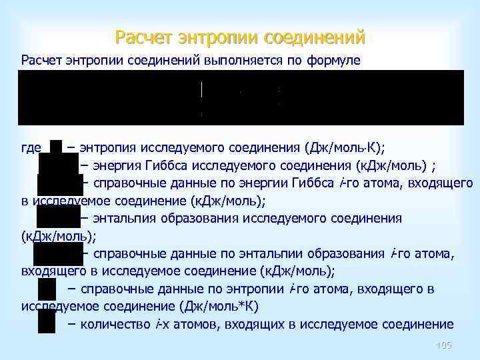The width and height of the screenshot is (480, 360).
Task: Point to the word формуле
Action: pos(333,61)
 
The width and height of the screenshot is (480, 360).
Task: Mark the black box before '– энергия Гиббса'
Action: pos(59,165)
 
